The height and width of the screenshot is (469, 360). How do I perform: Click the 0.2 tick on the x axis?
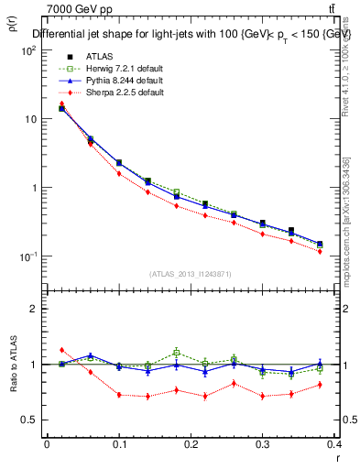191,444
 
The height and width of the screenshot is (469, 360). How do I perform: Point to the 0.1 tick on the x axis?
119,444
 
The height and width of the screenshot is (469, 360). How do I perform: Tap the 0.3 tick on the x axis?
263,444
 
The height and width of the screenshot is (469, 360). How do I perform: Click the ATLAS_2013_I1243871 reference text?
191,274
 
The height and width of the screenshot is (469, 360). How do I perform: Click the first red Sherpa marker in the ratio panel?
61,350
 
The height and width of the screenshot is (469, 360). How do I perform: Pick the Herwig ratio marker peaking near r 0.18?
177,352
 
